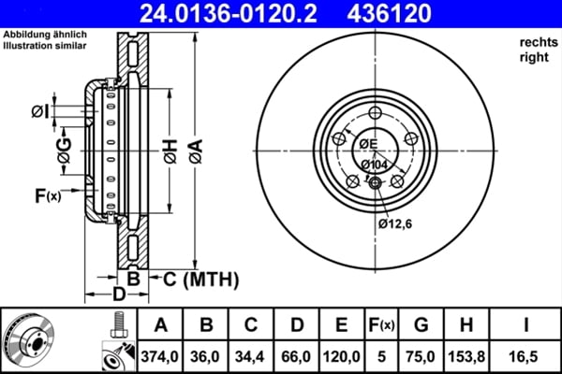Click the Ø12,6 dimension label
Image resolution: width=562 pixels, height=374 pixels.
pos(396,223)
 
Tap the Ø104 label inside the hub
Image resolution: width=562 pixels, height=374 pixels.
pos(373,165)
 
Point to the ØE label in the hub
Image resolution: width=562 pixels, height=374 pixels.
pos(366,143)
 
